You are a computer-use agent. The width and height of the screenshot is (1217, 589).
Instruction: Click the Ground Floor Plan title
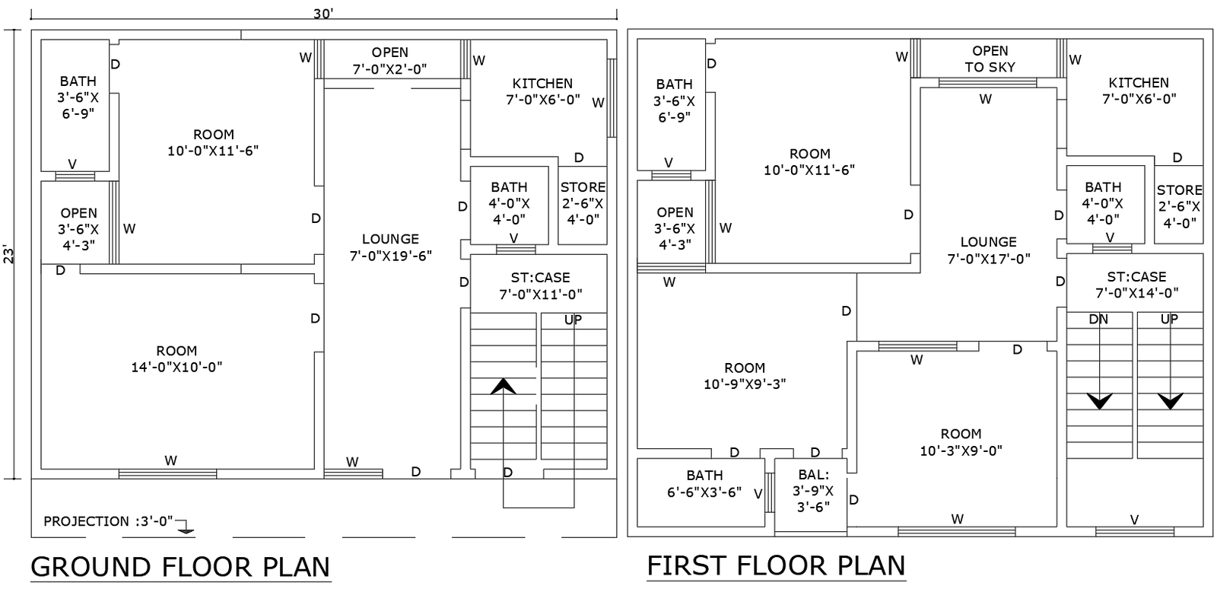180,567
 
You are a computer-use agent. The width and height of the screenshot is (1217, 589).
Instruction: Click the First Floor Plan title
776,565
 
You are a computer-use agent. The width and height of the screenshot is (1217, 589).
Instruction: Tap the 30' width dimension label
323,13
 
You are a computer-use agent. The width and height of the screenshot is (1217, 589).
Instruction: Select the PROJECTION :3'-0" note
108,521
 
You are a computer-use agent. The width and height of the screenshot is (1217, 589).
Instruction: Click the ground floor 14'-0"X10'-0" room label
176,359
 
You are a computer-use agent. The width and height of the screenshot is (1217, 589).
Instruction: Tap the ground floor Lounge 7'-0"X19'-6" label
390,247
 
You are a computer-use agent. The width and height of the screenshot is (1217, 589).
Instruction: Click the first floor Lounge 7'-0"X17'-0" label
988,250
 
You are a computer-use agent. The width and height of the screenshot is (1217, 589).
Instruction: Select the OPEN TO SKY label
990,59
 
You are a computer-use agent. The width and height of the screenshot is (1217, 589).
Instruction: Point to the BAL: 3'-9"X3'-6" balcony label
813,491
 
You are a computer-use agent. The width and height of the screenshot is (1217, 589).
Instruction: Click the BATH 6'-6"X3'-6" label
704,484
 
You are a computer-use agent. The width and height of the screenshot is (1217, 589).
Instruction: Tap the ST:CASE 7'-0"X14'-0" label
1136,285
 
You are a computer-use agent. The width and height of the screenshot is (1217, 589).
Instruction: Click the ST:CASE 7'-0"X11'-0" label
540,285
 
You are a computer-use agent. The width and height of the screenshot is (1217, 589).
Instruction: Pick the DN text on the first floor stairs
1098,320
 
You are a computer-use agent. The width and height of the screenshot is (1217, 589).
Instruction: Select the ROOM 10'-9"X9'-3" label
745,376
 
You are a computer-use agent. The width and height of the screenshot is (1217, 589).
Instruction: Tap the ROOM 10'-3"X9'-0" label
961,442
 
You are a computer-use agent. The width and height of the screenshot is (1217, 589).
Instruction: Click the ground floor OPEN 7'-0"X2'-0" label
389,61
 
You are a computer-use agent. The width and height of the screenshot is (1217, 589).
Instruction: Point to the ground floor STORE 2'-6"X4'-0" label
583,203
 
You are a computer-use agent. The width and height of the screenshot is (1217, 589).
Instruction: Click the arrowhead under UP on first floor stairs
1170,400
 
